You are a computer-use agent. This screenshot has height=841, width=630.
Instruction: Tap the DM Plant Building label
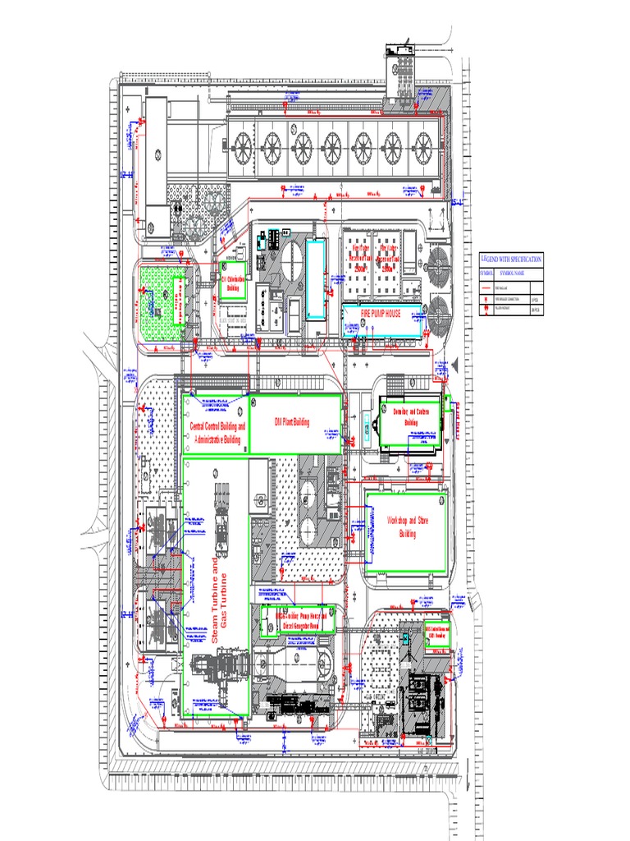click(292, 422)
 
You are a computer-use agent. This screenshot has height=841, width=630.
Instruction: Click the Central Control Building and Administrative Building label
click(218, 433)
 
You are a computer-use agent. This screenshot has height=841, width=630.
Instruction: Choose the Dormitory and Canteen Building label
click(411, 416)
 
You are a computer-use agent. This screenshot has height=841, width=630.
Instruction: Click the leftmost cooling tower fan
click(242, 148)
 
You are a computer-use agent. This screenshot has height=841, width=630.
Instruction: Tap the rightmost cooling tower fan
click(422, 148)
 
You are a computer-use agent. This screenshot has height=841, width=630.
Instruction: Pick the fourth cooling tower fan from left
click(332, 148)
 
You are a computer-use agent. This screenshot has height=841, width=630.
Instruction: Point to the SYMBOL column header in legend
click(489, 272)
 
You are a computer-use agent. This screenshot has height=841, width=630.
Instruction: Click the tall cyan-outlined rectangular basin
click(316, 278)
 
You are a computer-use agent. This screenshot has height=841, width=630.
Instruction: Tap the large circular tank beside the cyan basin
click(290, 264)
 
